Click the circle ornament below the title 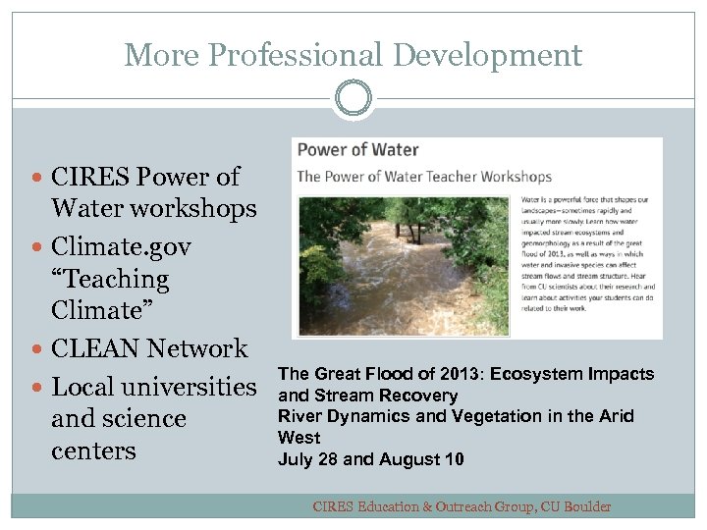tap(353, 98)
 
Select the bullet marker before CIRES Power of tap(37, 178)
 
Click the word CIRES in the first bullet tap(94, 178)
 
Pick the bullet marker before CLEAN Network tap(37, 349)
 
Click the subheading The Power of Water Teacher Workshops tap(424, 177)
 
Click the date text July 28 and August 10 tap(371, 458)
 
